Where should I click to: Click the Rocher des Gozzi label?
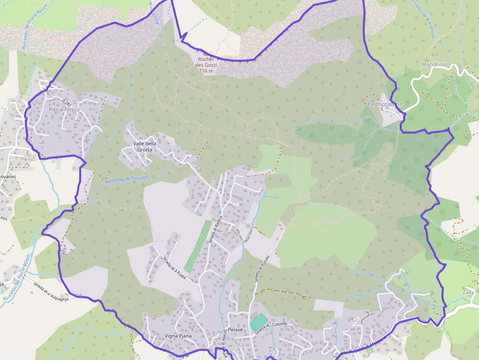pos(205,62)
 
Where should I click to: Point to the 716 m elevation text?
pos(207,71)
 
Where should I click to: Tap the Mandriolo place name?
pos(435,64)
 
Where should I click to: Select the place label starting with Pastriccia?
pos(385,104)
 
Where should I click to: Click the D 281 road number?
pos(67,103)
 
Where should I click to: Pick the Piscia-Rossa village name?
pos(64,109)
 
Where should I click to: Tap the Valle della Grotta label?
pos(145,147)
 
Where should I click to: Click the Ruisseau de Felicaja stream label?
pos(127,179)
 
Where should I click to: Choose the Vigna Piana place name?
pos(178,336)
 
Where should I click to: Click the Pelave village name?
pos(236,330)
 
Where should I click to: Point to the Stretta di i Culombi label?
pos(273,327)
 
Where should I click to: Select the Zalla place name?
pos(468,292)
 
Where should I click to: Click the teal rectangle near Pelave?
pos(259,321)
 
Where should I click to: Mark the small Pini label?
pos(4,218)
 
